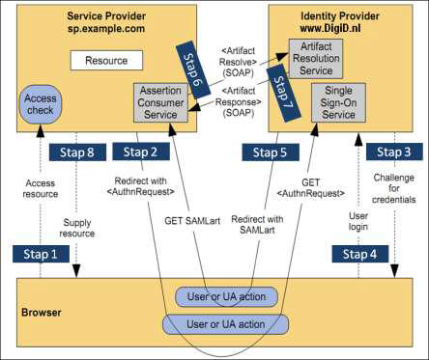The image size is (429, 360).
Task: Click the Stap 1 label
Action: [x=41, y=253]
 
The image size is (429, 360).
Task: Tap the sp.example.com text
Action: [x=106, y=30]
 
